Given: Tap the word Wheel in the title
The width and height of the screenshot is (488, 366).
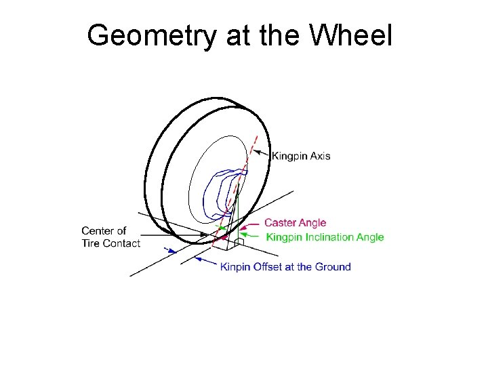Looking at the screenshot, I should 353,35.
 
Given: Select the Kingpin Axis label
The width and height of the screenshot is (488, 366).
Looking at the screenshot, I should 301,156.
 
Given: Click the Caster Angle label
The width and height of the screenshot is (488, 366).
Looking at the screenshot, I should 295,222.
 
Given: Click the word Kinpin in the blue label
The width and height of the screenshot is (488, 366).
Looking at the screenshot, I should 235,267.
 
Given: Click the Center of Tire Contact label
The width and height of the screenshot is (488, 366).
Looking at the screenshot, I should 110,237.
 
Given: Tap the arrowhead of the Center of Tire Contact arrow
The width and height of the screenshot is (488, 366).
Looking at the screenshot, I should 206,235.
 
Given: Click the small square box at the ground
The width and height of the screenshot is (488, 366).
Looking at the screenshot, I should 239,241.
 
